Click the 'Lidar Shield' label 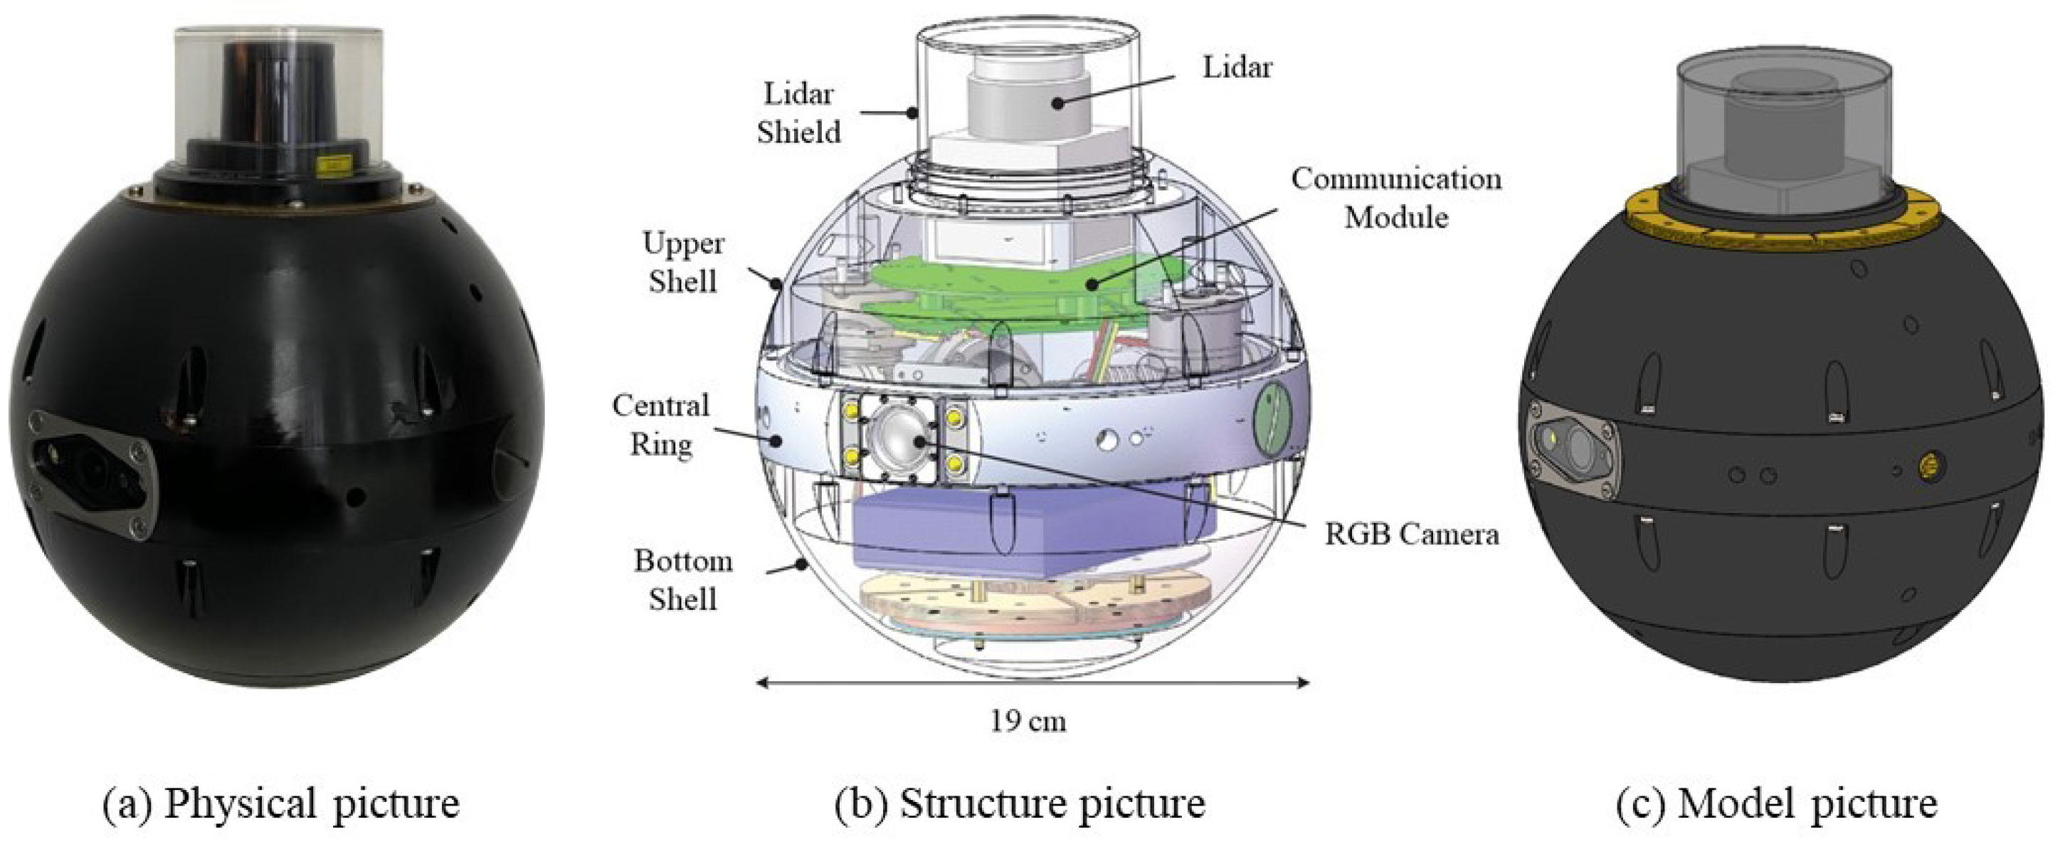(798, 112)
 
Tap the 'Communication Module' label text (1395, 198)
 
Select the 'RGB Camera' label (1411, 534)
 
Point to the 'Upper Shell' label (683, 263)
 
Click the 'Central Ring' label (660, 424)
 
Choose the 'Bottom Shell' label (683, 580)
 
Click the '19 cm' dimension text (1027, 721)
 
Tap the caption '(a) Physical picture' (282, 803)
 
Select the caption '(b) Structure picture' (1020, 803)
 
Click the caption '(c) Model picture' (1776, 803)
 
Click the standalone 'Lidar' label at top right (1237, 68)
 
